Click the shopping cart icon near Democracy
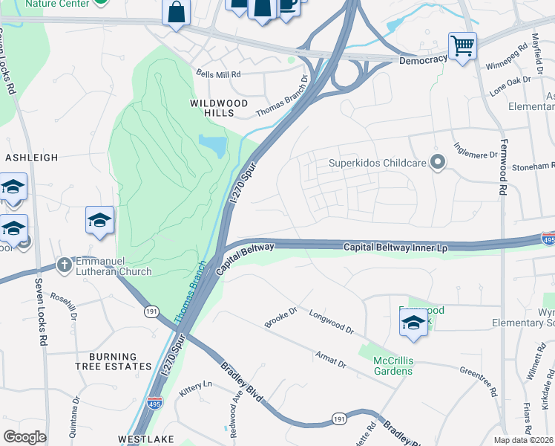click(462, 46)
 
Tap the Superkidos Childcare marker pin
click(439, 162)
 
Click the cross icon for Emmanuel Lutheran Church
click(65, 265)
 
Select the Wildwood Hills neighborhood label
click(212, 108)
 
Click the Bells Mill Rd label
click(219, 74)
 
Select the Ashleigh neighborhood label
click(31, 158)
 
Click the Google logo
click(24, 437)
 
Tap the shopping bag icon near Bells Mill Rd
click(177, 13)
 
